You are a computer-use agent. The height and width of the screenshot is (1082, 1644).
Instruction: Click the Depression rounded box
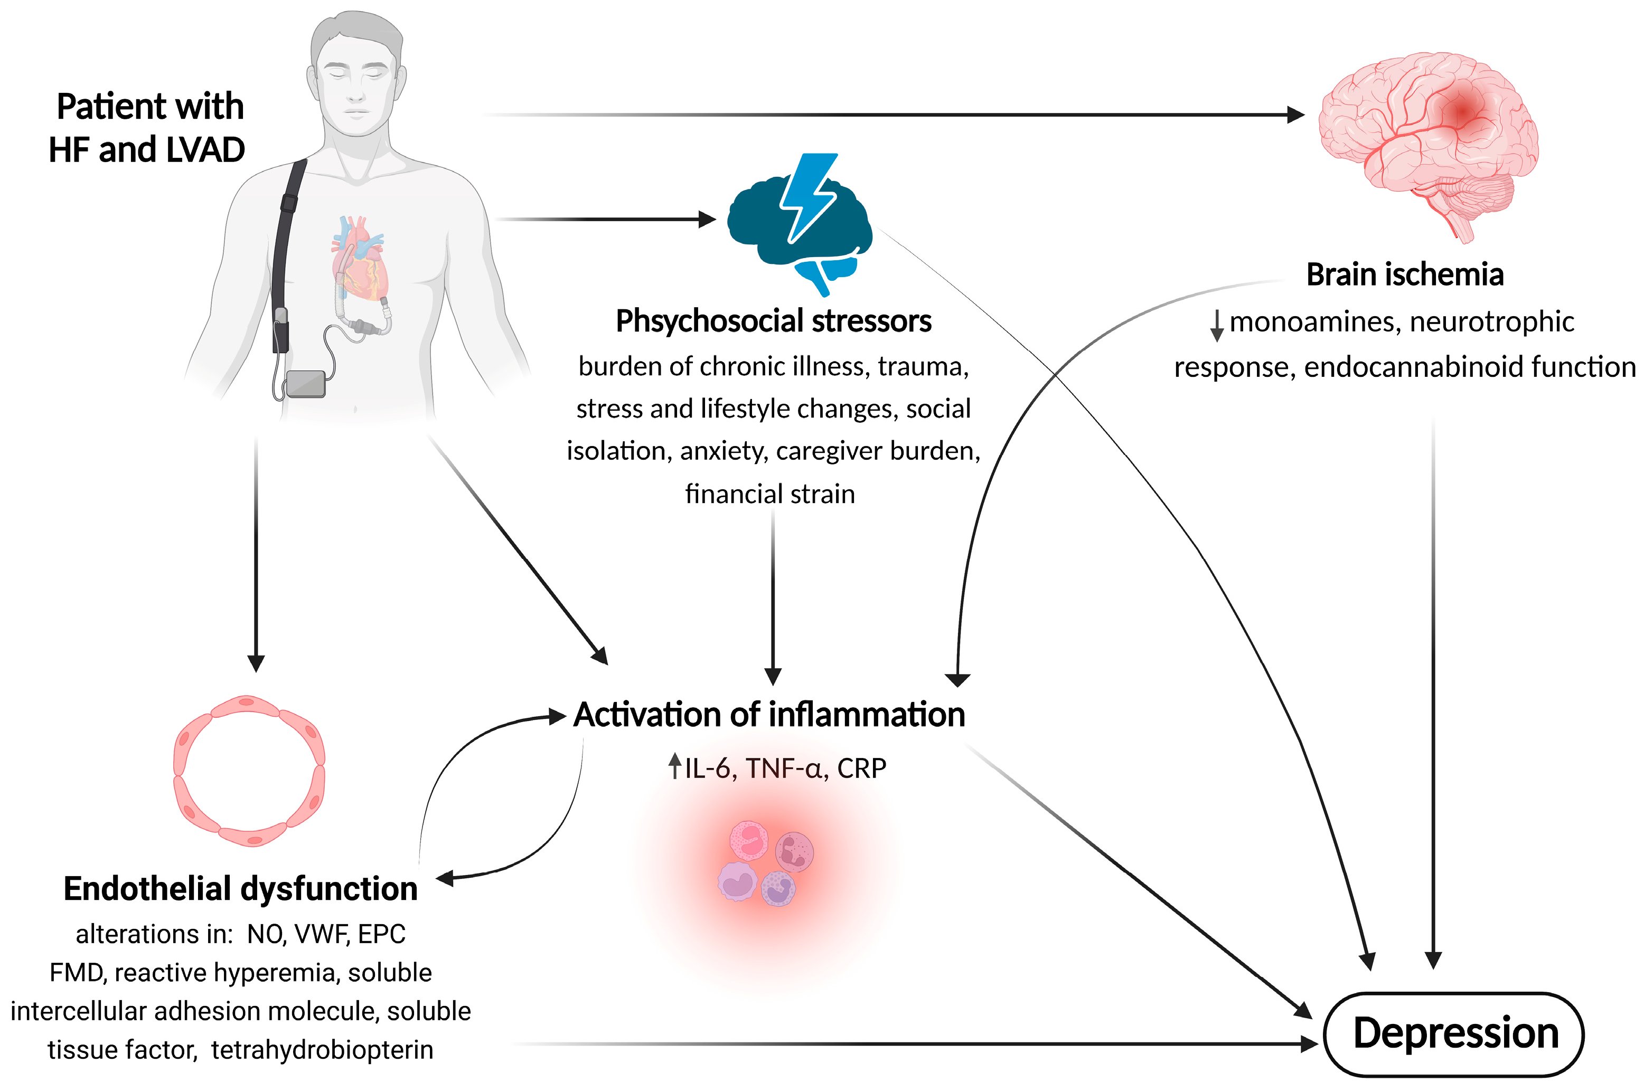pos(1453,1033)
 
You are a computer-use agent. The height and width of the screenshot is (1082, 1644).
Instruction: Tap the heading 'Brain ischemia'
pos(1405,275)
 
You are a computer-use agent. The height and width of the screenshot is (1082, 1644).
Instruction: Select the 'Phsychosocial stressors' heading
pos(774,321)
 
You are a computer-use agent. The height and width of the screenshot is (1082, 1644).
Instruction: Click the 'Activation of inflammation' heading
pos(769,714)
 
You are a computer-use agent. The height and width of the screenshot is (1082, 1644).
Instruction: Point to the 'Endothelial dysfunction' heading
pos(240,889)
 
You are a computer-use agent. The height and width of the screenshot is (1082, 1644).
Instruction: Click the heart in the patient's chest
pos(359,259)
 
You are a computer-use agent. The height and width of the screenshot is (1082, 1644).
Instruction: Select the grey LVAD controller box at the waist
pos(305,384)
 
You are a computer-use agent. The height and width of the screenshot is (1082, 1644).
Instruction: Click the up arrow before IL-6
pos(675,766)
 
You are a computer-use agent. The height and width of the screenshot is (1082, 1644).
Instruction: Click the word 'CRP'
pos(861,768)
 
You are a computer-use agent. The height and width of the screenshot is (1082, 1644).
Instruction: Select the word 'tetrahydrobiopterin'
pos(322,1050)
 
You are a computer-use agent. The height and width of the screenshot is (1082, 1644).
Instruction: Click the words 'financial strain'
pos(770,493)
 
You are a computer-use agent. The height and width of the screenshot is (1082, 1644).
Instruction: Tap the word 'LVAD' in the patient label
pos(206,150)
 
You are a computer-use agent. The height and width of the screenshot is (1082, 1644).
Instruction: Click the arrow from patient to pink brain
pos(891,115)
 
